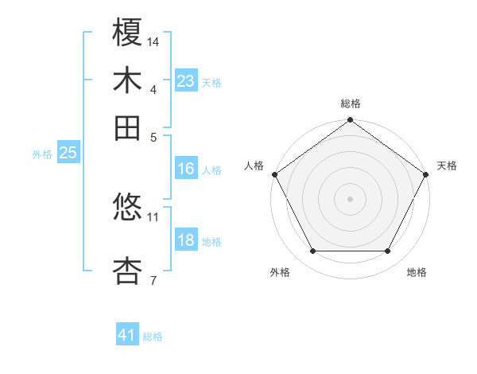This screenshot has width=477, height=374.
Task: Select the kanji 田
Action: click(x=128, y=127)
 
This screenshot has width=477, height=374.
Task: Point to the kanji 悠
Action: click(x=128, y=208)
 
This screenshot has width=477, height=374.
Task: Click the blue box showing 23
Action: click(x=186, y=81)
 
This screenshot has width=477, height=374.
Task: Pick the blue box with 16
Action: click(x=186, y=169)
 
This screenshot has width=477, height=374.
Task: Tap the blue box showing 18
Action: click(x=186, y=241)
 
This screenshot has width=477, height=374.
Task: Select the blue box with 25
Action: click(x=68, y=154)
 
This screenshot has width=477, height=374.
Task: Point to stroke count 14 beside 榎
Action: click(x=153, y=41)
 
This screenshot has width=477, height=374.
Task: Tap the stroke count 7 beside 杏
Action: click(x=153, y=279)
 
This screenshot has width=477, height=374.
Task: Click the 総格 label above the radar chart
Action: click(x=351, y=103)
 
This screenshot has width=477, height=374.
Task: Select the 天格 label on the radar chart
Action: click(x=447, y=166)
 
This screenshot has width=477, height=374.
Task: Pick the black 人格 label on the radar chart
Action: click(x=254, y=166)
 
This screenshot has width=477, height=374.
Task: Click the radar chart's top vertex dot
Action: click(x=351, y=121)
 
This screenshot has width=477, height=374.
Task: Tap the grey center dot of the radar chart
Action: click(x=351, y=198)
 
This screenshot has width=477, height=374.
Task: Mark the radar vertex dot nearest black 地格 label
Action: click(x=388, y=251)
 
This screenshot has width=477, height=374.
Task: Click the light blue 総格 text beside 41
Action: click(x=153, y=337)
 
